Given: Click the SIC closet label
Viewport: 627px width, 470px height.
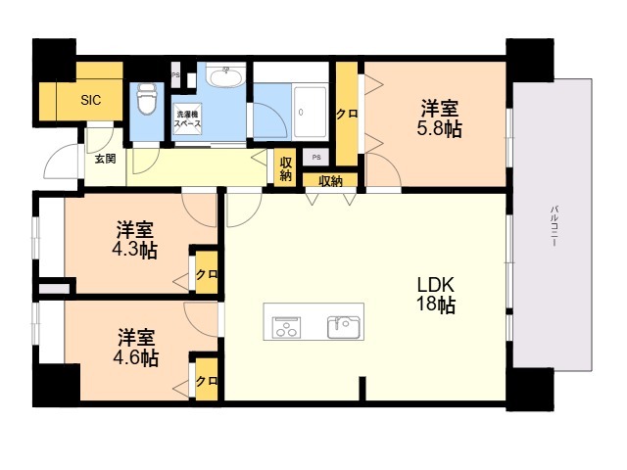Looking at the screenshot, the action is pos(91,100).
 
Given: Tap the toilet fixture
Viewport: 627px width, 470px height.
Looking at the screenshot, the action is pos(146,99).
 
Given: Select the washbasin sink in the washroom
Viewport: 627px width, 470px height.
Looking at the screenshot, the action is pos(226,76).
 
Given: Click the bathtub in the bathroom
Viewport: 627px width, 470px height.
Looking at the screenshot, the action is pos(311,112).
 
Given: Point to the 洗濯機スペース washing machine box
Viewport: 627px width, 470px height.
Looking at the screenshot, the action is pos(187,118).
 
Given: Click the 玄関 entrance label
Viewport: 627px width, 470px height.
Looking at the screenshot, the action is pos(105,159).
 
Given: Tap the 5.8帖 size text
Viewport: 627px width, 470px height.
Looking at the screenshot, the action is pos(440,129).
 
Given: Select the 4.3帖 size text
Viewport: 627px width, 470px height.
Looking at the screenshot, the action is pos(134,251).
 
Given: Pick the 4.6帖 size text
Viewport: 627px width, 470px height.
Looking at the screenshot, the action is pos(135,358).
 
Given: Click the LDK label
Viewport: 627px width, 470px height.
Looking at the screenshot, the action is pos(436,285).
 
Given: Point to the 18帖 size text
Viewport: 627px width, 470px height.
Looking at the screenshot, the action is pos(436,305).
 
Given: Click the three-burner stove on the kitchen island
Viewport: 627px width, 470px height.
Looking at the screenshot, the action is pos(286,327).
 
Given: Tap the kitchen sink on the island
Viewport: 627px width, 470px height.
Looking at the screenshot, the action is pos(344,327).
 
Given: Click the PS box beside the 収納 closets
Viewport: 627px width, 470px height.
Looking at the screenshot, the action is pos(316,157).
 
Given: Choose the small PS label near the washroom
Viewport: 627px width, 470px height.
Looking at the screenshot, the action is pos(175,75).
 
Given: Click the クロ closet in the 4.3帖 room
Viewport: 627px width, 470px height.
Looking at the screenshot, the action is pos(207,274).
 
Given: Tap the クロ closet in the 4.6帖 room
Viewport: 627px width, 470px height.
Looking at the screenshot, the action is pos(207,380).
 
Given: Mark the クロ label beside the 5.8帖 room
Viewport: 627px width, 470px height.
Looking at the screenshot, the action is pos(346,115).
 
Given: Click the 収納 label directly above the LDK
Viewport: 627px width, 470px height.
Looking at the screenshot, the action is pos(331,181).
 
